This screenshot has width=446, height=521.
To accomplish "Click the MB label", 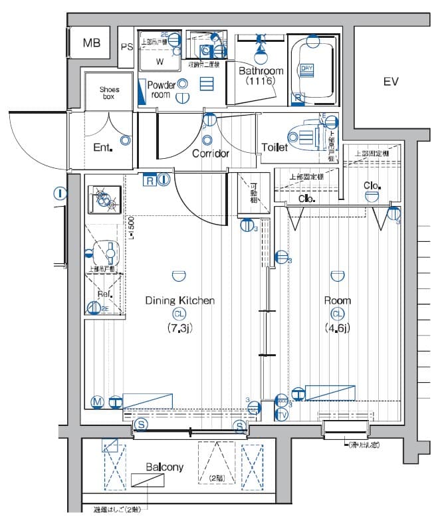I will [x=92, y=43].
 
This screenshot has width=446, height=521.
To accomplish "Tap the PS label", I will [x=127, y=47].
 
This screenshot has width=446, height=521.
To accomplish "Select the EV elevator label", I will [x=391, y=82].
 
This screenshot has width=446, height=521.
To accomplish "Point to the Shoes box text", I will [x=110, y=92].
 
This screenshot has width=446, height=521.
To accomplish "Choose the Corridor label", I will [x=211, y=154].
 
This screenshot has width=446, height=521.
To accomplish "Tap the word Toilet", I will [x=275, y=147].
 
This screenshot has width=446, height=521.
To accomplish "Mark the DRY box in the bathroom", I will [x=306, y=68].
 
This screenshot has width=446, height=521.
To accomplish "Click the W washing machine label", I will [x=160, y=62].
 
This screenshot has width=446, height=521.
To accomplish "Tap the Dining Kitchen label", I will [x=179, y=301].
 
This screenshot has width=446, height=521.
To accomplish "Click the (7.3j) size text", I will [x=179, y=328].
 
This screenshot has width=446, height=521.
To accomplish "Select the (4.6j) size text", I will [x=338, y=328].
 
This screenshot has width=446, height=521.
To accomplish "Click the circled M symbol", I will [x=97, y=401].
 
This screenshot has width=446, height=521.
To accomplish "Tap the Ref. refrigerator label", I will [x=104, y=294].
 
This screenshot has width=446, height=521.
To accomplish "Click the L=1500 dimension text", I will [x=132, y=227].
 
